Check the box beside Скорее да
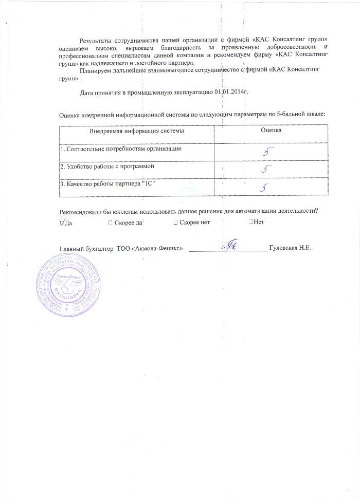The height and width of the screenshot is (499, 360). coord(111,223)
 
